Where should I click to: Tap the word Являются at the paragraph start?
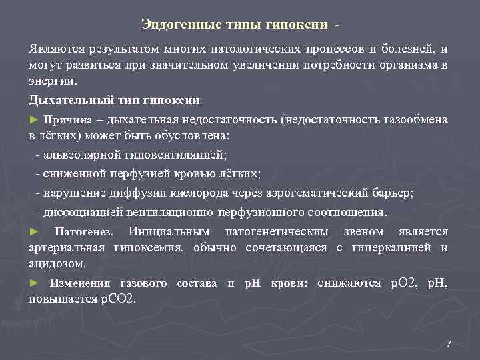(x=56, y=49)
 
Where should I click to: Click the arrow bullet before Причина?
(x=35, y=119)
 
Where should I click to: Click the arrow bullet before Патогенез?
(x=35, y=232)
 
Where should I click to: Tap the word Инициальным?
(x=169, y=232)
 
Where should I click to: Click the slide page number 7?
(x=448, y=344)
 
